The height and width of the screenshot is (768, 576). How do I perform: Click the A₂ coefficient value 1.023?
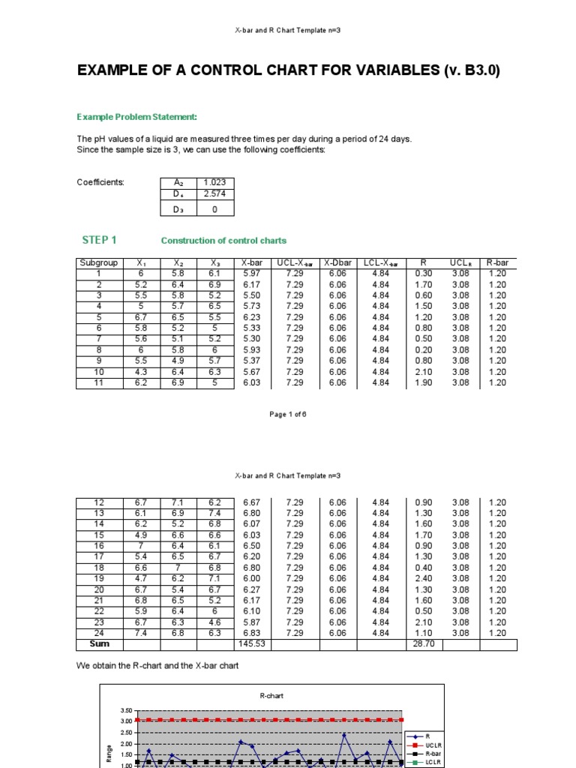tap(214, 182)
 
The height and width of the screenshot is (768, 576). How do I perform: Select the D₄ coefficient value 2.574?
tap(214, 194)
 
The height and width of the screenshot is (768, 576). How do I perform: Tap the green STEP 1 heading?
tap(99, 240)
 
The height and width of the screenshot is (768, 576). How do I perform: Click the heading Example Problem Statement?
tap(137, 117)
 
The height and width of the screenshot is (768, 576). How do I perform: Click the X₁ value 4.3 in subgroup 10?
tap(140, 372)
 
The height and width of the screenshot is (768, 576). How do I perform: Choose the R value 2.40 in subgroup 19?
tap(423, 578)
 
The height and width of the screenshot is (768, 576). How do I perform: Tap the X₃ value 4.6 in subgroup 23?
tap(215, 622)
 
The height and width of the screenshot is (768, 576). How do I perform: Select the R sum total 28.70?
tap(423, 643)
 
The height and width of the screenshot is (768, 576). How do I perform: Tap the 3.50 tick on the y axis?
tap(125, 709)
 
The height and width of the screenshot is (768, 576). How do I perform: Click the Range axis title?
tap(109, 759)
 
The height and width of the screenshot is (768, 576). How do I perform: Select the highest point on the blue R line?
tap(344, 735)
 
